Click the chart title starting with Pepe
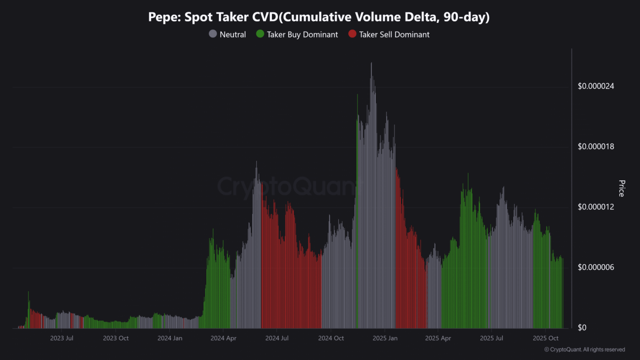pos(319,17)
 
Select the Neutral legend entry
pos(233,34)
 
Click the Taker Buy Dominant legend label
pos(303,34)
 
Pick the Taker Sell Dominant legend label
pos(394,34)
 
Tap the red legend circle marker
pos(352,34)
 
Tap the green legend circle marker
pos(260,34)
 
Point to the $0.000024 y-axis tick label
pos(596,87)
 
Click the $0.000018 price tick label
pos(596,147)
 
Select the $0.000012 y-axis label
pos(596,207)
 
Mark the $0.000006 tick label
pos(596,267)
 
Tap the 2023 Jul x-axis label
pos(62,338)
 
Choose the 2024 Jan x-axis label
pos(170,338)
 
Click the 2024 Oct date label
pos(331,338)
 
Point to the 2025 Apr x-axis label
pos(438,338)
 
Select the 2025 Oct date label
pos(546,338)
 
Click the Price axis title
pos(621,188)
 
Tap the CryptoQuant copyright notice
pos(584,349)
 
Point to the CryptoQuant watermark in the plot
pos(286,186)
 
